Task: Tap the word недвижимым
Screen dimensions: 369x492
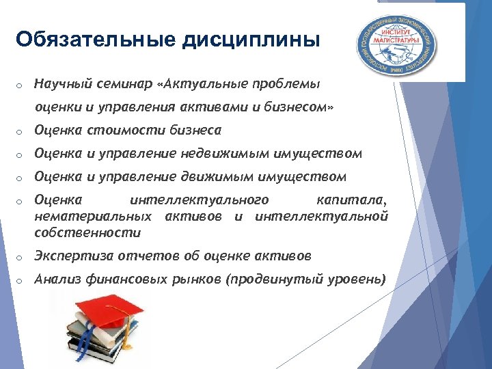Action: (x=226, y=154)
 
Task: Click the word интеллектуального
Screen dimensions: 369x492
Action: (x=199, y=200)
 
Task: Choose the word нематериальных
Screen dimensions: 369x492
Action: (x=93, y=217)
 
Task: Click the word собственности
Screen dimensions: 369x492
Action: (x=87, y=232)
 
